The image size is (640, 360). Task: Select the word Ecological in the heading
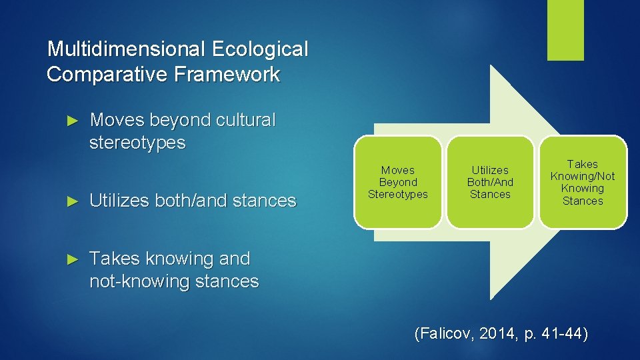(x=259, y=49)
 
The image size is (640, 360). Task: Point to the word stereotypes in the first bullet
(x=137, y=143)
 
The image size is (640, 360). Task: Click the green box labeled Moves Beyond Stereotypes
(x=398, y=182)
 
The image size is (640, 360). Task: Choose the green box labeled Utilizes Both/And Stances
(x=490, y=182)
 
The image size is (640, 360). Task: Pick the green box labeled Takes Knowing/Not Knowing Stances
(x=582, y=182)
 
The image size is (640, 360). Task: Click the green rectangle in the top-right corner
(x=565, y=30)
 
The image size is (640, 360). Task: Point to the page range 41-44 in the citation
(x=561, y=334)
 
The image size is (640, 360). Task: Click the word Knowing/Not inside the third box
(x=582, y=176)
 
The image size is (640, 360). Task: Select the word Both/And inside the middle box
(x=490, y=182)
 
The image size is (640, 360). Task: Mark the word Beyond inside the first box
(x=398, y=182)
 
